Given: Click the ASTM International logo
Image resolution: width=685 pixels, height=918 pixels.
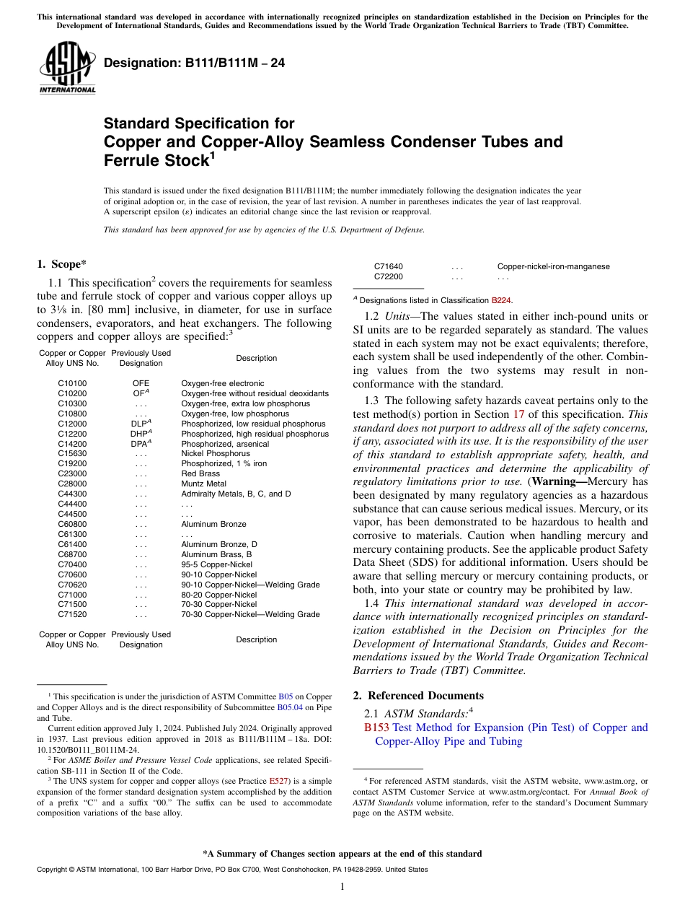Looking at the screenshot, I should click(x=67, y=68).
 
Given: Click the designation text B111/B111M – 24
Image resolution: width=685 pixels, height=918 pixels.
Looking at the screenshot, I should click(x=195, y=64).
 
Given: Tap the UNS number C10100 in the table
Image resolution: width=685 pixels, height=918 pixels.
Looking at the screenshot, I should click(x=72, y=383).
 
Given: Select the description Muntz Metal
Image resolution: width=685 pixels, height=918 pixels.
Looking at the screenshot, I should click(x=203, y=484).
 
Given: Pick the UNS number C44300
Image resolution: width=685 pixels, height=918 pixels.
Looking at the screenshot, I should click(x=72, y=494).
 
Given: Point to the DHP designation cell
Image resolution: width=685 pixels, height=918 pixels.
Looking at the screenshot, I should click(x=141, y=434).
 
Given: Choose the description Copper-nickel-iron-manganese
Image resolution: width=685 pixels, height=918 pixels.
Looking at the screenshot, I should click(x=553, y=266).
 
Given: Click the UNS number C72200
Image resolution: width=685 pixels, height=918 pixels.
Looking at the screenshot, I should click(x=389, y=276).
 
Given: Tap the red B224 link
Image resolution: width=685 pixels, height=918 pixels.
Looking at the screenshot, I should click(x=502, y=300).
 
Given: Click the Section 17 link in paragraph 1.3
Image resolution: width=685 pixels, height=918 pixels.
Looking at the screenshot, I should click(x=518, y=414).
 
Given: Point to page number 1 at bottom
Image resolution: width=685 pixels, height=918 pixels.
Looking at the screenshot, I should click(x=342, y=888).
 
